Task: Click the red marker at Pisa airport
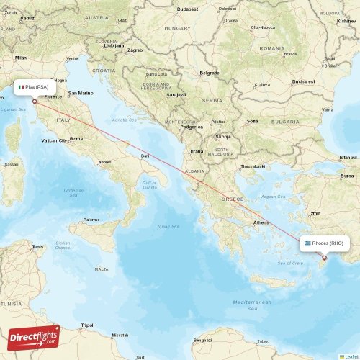[35, 102]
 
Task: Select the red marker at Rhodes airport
[324, 258]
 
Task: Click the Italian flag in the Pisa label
[21, 87]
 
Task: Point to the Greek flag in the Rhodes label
[307, 243]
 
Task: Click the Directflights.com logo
[33, 337]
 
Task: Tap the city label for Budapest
[189, 9]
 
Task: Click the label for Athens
[261, 222]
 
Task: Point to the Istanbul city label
[348, 157]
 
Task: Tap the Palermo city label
[91, 219]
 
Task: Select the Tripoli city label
[88, 325]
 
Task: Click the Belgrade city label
[210, 73]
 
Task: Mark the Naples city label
[105, 162]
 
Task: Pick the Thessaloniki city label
[253, 166]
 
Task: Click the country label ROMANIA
[272, 48]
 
